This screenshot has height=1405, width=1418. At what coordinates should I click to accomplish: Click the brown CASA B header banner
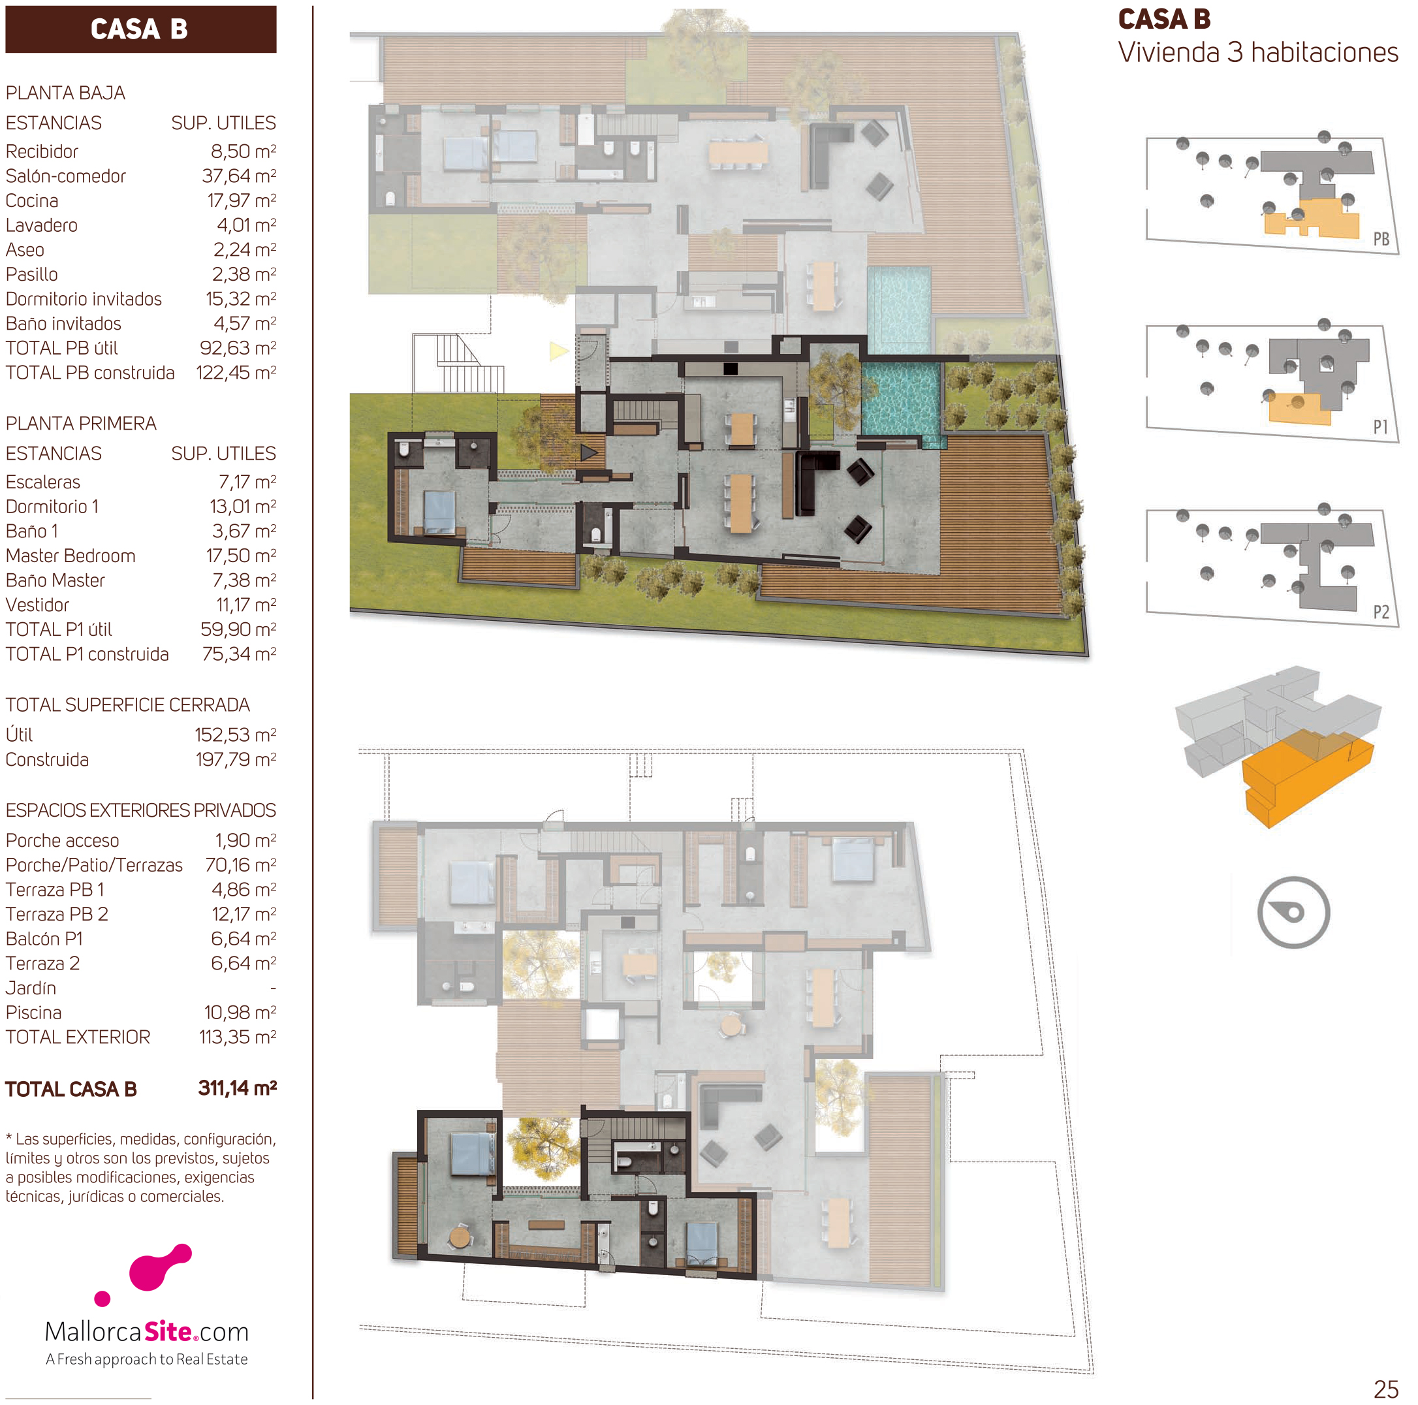tap(140, 29)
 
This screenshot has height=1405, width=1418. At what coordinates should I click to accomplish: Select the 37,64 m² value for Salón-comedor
tap(239, 176)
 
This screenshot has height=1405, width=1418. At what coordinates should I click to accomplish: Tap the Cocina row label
tap(31, 201)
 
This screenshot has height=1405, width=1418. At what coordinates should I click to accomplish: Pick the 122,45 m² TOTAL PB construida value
tap(236, 373)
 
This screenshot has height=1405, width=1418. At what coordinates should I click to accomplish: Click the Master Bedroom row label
tap(71, 556)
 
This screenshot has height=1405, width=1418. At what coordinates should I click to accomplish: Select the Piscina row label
tap(34, 1013)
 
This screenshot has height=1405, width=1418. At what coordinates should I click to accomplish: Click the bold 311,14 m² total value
tap(237, 1088)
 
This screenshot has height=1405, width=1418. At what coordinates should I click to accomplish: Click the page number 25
tap(1386, 1389)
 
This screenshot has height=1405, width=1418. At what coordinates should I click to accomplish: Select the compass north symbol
tap(1293, 913)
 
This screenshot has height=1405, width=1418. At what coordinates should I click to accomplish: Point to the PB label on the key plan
tap(1381, 240)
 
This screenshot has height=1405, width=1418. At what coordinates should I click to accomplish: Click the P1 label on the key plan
tap(1381, 427)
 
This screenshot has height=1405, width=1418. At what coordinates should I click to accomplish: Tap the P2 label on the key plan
tap(1381, 612)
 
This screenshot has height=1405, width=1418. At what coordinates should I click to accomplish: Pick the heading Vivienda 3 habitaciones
tap(1258, 53)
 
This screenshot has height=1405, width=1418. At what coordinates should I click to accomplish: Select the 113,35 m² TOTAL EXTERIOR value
tap(238, 1037)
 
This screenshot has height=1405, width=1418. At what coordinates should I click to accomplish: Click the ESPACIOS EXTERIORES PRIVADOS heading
tap(141, 810)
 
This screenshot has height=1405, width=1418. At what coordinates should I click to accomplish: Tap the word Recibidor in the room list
tap(42, 152)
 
